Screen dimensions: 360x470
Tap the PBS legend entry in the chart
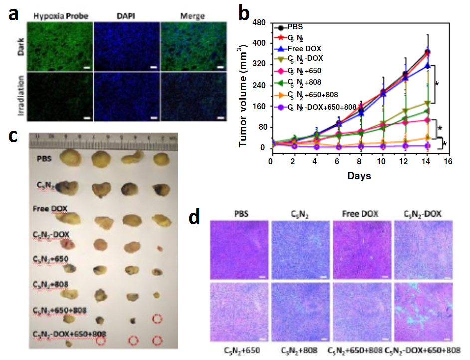point(297,27)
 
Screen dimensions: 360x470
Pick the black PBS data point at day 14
point(427,52)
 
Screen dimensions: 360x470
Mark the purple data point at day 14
point(427,146)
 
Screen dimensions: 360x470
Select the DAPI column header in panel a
point(127,16)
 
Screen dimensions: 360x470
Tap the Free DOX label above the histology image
point(361,214)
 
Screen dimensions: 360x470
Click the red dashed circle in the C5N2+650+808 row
point(158,319)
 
